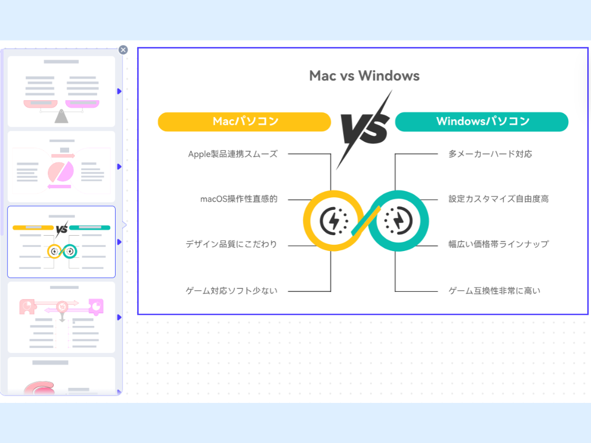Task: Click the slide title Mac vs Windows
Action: [364, 76]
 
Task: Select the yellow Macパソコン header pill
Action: [244, 122]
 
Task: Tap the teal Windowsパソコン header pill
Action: [482, 122]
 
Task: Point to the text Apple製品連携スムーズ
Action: [233, 154]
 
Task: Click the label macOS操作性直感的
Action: [239, 199]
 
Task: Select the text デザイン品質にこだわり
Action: [231, 244]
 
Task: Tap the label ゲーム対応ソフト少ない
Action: [231, 291]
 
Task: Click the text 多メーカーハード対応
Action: [490, 154]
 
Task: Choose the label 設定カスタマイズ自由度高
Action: [499, 199]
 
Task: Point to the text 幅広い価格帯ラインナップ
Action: [499, 244]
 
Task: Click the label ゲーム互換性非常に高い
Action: [494, 291]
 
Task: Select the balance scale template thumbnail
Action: [61, 91]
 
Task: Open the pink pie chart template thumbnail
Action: [61, 167]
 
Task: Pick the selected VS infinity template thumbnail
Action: [61, 242]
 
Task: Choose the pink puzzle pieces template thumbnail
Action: [61, 317]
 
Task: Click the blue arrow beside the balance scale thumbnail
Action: [119, 91]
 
